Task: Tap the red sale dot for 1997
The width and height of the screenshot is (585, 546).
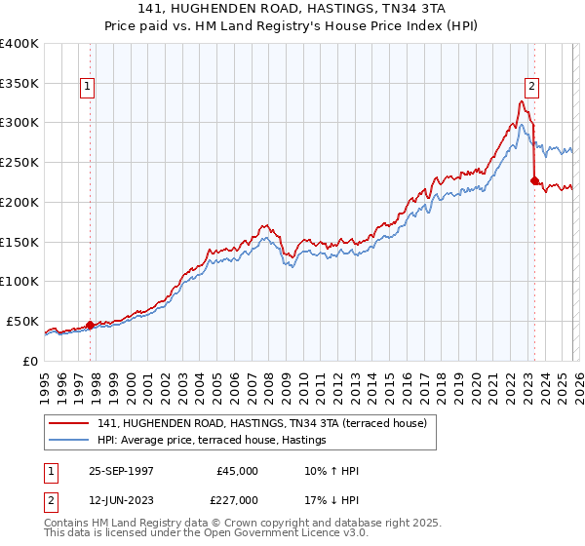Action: point(91,325)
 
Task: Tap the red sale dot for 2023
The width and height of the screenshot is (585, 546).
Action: point(533,180)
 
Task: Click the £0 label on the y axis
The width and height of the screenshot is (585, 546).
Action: point(29,361)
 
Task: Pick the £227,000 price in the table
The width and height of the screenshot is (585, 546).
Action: point(237,501)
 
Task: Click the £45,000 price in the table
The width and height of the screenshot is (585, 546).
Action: point(237,471)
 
